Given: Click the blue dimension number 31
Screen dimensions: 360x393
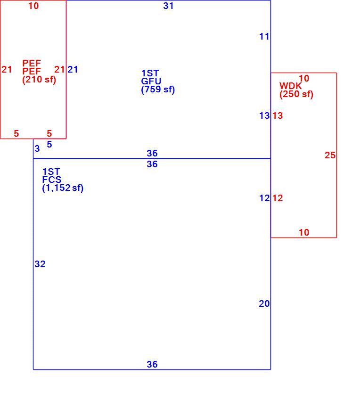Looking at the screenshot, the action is (x=168, y=6).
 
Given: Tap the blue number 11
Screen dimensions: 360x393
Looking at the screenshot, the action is (x=264, y=37).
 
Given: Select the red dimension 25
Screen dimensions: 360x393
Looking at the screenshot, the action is (x=330, y=155).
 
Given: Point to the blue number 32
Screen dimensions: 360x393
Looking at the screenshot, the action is (x=40, y=264).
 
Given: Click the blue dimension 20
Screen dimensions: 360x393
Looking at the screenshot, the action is (x=264, y=303).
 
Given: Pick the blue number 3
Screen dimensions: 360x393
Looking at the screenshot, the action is (x=37, y=148).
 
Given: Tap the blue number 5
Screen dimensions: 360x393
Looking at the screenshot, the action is (x=49, y=144).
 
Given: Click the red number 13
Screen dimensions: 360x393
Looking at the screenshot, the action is (x=278, y=115).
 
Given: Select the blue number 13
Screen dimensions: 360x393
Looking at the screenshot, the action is (x=264, y=115).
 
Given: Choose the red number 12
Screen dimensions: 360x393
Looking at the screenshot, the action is (x=278, y=198).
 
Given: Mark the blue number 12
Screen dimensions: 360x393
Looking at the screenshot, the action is (x=264, y=198).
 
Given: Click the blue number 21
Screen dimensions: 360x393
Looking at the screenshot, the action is (x=73, y=69).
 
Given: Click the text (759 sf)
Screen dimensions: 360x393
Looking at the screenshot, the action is (x=158, y=90).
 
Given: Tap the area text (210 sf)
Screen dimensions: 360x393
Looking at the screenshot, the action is (x=39, y=80).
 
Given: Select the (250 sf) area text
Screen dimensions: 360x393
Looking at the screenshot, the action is (x=296, y=94).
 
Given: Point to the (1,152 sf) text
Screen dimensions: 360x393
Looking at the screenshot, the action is (x=63, y=188).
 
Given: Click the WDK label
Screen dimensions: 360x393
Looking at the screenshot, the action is (x=291, y=86).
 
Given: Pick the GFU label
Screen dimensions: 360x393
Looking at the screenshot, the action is (x=151, y=81).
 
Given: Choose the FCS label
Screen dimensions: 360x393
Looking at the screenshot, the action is (x=52, y=180).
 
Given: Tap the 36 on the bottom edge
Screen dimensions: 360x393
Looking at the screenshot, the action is (x=152, y=364).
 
